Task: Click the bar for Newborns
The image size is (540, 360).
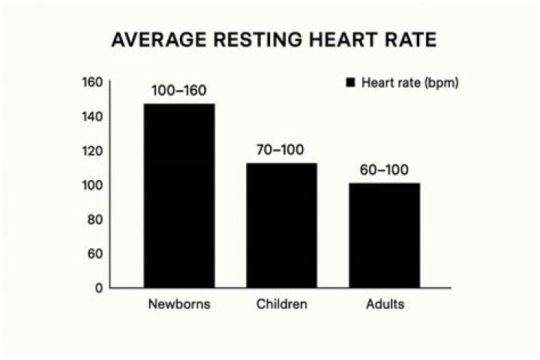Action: click(179, 196)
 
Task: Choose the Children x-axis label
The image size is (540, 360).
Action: click(281, 305)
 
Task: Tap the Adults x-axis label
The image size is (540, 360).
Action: click(385, 305)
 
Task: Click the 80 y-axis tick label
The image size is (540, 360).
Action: click(94, 219)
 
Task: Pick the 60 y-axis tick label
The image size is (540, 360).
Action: click(94, 253)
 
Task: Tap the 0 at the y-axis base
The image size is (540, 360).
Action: click(97, 288)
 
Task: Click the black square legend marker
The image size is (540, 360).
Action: click(349, 83)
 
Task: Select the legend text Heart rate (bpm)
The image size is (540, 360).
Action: click(409, 83)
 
